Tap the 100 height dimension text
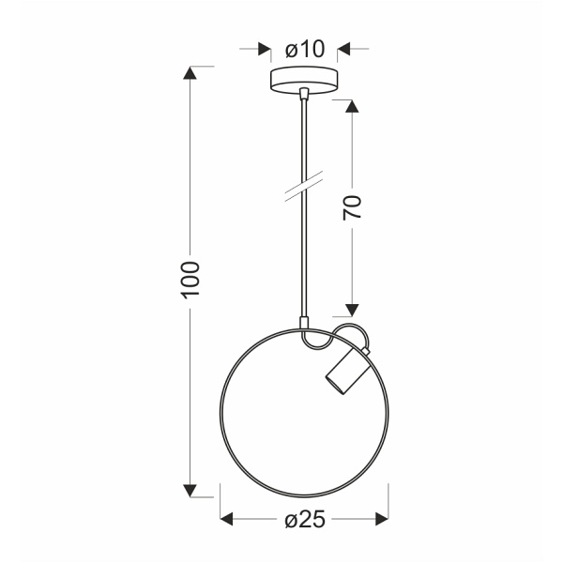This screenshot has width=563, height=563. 191,280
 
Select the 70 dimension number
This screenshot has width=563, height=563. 352,208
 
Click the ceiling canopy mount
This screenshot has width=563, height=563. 303,80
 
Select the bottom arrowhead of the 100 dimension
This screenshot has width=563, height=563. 191,490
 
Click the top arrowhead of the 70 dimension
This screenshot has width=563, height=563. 352,105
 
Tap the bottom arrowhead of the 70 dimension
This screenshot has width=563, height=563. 352,309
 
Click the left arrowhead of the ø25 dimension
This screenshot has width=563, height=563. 225,518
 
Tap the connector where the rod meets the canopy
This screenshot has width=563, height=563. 303,95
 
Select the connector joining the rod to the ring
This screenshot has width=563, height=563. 303,323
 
